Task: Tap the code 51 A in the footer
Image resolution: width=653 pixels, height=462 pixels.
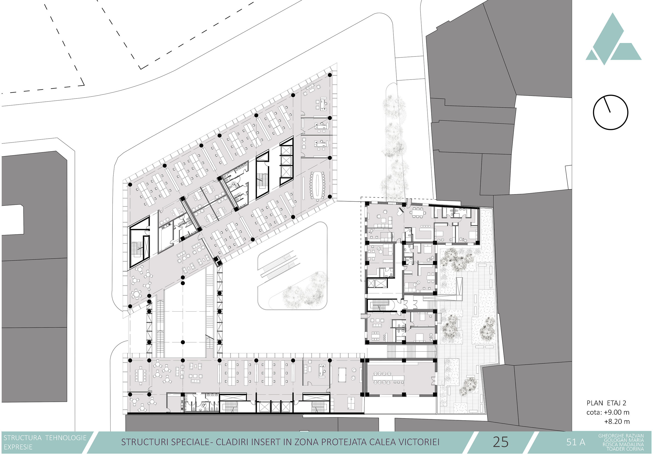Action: click(576, 442)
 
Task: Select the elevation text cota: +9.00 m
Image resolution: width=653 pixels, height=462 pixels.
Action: click(608, 412)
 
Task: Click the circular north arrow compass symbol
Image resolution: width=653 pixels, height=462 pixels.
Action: click(610, 112)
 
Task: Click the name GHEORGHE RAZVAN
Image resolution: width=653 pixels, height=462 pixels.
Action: click(621, 436)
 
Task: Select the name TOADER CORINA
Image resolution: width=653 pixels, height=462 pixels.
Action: click(625, 449)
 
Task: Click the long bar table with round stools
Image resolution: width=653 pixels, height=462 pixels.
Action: click(388, 378)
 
